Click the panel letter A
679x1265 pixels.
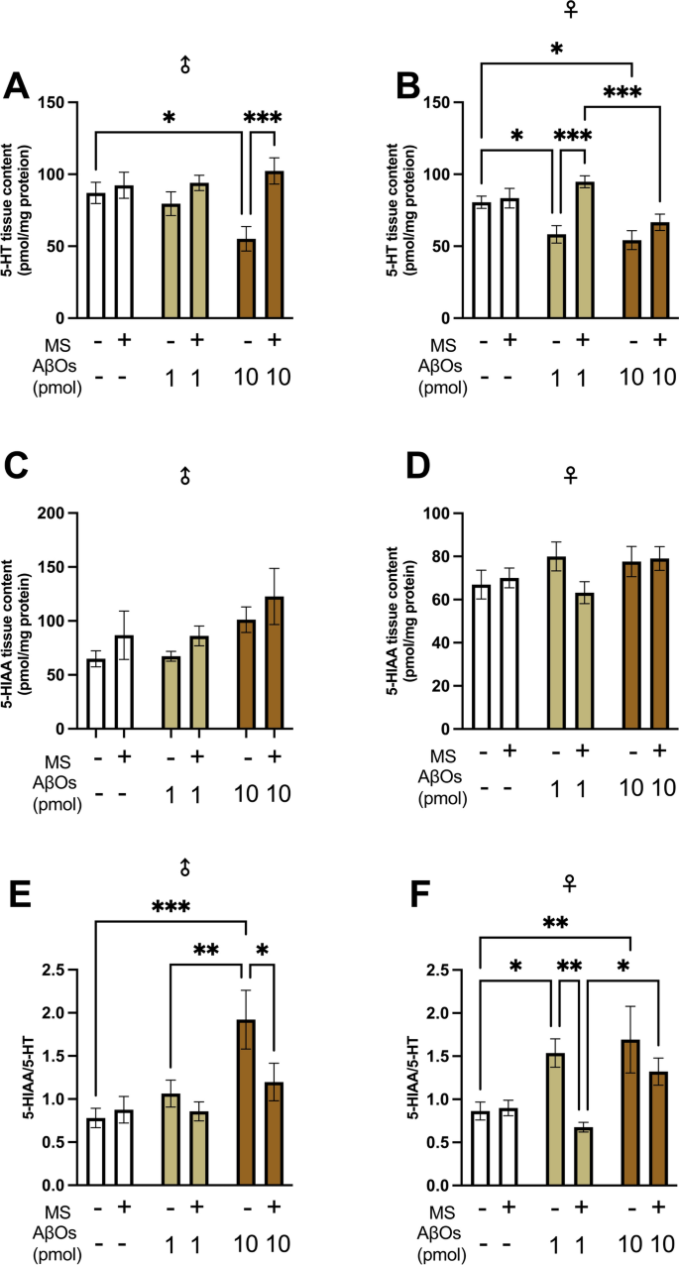(x=16, y=86)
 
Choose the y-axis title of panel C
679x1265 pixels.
(x=18, y=620)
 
